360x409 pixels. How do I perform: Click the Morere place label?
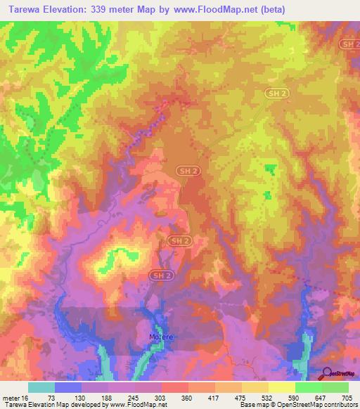pos(161,338)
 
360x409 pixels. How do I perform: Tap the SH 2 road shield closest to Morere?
pos(160,275)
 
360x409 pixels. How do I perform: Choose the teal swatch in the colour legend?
pos(41,387)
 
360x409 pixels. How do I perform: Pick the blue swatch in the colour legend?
pos(68,387)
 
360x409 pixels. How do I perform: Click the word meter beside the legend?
pos(8,397)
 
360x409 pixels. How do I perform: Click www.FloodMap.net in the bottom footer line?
pos(138,405)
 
